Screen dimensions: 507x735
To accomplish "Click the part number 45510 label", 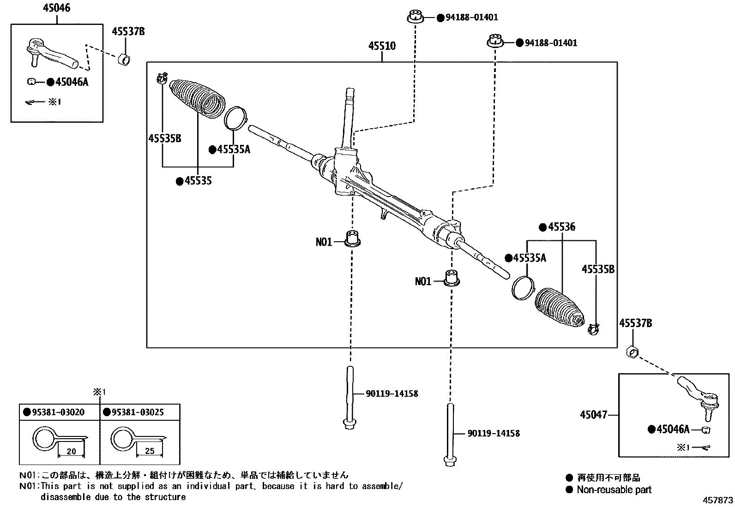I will pyautogui.click(x=382, y=46).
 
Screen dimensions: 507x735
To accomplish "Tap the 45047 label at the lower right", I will pyautogui.click(x=593, y=415).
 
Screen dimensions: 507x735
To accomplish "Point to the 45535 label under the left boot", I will pyautogui.click(x=198, y=181).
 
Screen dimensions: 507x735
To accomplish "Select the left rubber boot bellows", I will pyautogui.click(x=197, y=99).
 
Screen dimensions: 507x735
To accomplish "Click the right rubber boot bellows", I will pyautogui.click(x=559, y=309).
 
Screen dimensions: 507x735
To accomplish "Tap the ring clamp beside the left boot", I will pyautogui.click(x=235, y=118).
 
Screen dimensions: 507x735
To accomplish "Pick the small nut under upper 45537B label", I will pyautogui.click(x=124, y=59).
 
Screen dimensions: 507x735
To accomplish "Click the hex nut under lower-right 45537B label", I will pyautogui.click(x=632, y=353).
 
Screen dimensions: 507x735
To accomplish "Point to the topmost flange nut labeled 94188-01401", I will pyautogui.click(x=416, y=18).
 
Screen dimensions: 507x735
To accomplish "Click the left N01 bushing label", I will pyautogui.click(x=324, y=242).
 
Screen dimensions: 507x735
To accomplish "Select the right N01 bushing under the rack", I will pyautogui.click(x=452, y=278).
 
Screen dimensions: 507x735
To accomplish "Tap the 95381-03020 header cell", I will pyautogui.click(x=59, y=412).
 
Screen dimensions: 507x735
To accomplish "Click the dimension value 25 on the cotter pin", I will pyautogui.click(x=150, y=451).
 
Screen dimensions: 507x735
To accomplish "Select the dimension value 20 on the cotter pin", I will pyautogui.click(x=71, y=451).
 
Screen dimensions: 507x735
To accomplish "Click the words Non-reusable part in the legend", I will pyautogui.click(x=614, y=490).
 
